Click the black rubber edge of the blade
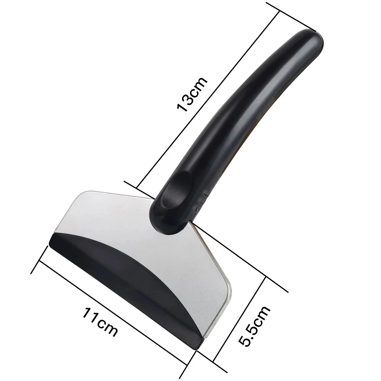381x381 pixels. (126, 274)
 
